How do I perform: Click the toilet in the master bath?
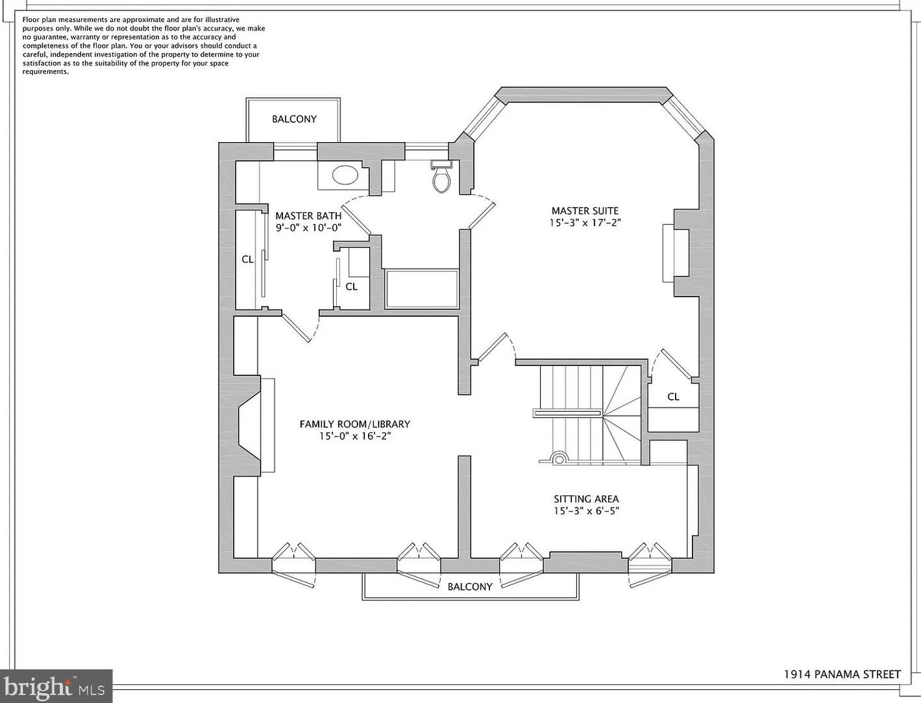click(441, 179)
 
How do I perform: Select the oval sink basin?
click(345, 175)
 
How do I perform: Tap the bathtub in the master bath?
click(421, 289)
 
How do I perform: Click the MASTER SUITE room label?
click(585, 210)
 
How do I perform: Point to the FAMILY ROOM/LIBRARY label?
click(354, 424)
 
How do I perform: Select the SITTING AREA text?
click(585, 499)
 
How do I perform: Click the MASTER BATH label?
click(308, 216)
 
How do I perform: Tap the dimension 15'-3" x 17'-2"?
click(585, 223)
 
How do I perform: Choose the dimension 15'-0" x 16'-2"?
click(354, 436)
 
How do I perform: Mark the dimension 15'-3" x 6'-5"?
click(585, 511)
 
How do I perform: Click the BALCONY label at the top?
click(294, 119)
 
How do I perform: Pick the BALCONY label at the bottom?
click(470, 587)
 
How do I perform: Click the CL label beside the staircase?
click(673, 396)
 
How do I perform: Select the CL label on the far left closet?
click(247, 259)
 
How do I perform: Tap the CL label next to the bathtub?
click(351, 286)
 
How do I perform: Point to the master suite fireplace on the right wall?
click(675, 253)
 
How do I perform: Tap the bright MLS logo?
click(56, 686)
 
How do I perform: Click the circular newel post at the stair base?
click(557, 459)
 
